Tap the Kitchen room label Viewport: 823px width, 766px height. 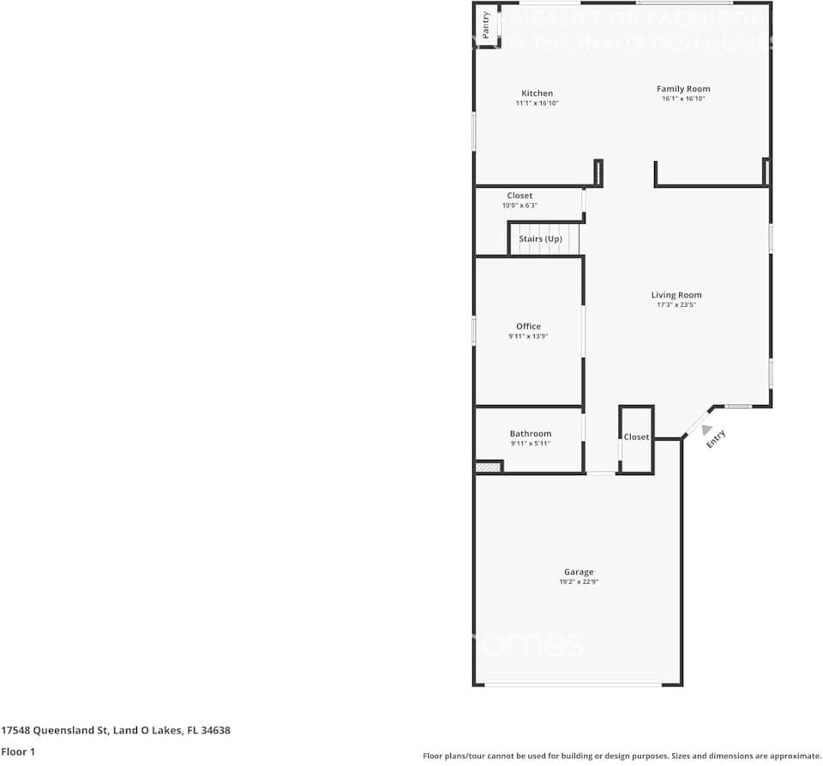537,93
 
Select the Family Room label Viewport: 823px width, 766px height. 683,88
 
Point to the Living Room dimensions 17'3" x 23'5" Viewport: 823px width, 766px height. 676,305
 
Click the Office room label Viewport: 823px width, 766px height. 528,326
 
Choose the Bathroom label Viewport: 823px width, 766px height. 530,434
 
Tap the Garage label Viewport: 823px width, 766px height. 579,572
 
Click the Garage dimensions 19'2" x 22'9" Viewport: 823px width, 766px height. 579,582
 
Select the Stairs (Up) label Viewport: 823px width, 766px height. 540,238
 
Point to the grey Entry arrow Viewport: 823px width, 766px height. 705,429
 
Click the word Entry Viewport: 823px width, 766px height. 716,439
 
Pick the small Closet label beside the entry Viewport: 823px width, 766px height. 636,437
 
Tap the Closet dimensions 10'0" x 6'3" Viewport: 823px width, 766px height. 520,206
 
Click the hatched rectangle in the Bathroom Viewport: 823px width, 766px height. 488,467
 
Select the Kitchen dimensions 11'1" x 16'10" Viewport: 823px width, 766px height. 537,104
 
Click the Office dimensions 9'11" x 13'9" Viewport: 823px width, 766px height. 528,336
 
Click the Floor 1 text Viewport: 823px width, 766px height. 18,751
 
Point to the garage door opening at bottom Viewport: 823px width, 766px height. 573,685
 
